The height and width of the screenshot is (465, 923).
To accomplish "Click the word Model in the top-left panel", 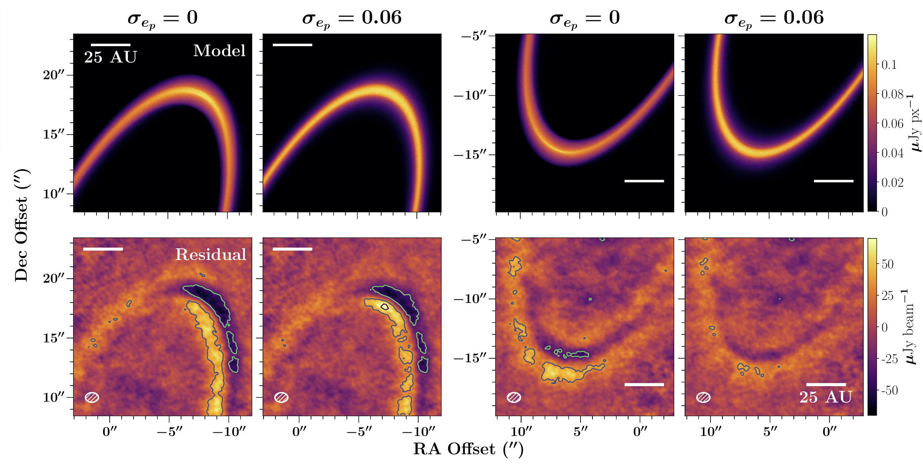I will [x=219, y=51].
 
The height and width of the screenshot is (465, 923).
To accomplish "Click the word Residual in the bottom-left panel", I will [x=211, y=255].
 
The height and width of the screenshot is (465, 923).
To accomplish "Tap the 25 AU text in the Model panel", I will [x=110, y=57].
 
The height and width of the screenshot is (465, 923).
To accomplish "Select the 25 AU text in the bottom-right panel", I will [x=826, y=397].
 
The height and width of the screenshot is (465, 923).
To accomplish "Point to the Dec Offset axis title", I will [x=22, y=225].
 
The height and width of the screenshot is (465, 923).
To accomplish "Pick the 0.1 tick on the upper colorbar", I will [x=889, y=64].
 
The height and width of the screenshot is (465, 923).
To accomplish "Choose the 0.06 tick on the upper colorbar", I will [x=892, y=123].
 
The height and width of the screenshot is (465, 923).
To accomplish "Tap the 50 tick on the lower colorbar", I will [x=887, y=264].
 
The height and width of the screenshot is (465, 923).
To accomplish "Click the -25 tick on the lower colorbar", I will [x=889, y=359].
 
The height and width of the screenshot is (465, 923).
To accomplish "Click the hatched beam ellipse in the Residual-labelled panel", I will [x=92, y=397].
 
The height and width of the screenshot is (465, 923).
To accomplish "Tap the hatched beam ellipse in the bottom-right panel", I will [x=703, y=397].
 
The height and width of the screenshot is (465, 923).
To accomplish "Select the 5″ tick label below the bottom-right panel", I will [x=770, y=432].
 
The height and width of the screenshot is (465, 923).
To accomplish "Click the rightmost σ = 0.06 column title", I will [x=774, y=18].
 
